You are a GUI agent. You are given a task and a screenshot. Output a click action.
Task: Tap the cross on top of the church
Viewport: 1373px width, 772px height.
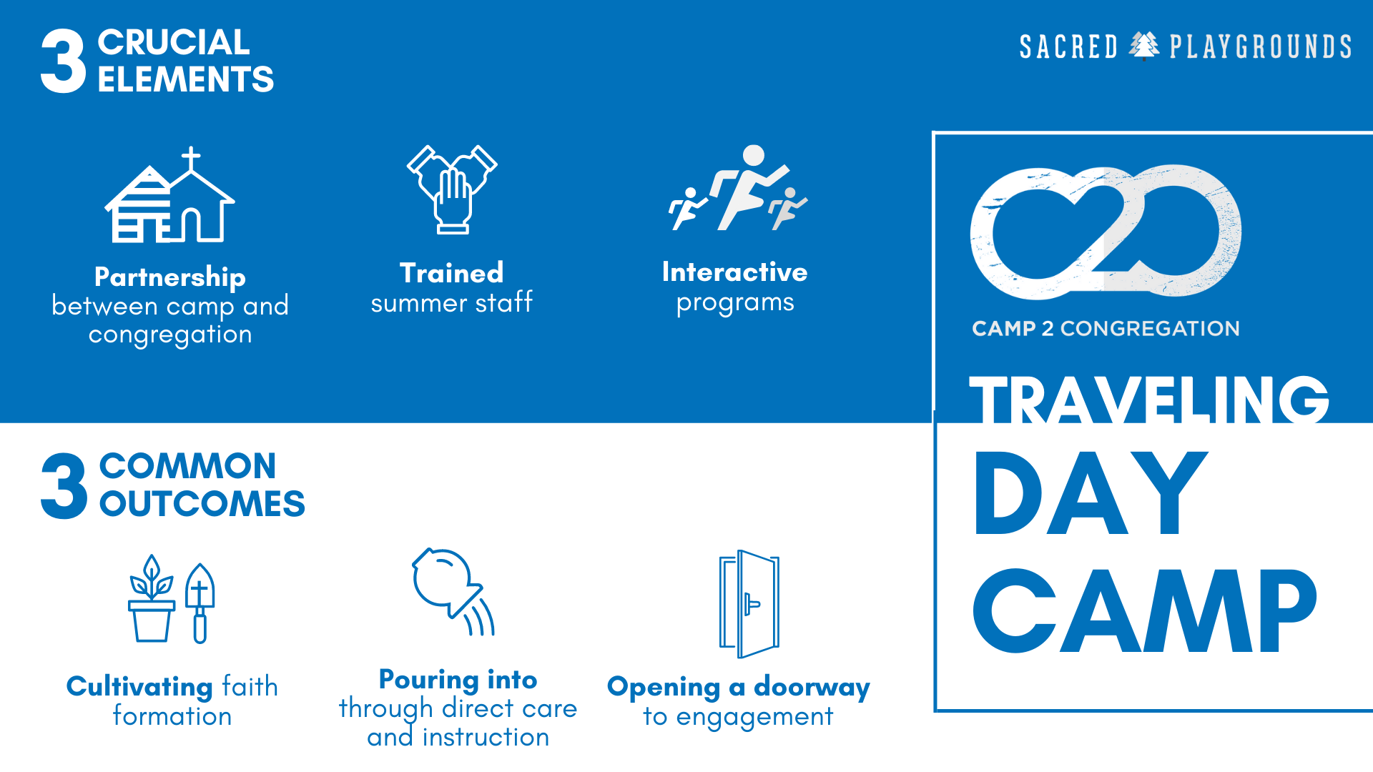coord(191,159)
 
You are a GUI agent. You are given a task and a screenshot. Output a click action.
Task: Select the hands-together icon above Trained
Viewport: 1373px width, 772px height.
coord(452,189)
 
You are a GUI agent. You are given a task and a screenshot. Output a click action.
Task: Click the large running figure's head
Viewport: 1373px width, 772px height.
coord(754,155)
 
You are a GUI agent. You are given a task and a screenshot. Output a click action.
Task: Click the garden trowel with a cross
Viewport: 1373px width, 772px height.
coord(200,603)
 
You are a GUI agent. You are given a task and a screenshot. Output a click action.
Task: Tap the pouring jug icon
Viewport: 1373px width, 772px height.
coord(453,591)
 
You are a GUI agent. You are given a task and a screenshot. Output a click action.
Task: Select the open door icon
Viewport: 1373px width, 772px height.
coord(749,604)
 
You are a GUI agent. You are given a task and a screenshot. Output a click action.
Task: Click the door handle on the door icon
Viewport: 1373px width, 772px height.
coord(751,604)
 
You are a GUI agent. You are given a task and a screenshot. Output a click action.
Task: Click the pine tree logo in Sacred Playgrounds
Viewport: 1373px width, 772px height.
coord(1144,46)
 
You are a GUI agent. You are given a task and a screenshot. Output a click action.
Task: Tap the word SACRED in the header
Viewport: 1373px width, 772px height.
coord(1068,47)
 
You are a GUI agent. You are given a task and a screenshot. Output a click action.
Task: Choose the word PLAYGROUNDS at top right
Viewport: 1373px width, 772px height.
coord(1261,47)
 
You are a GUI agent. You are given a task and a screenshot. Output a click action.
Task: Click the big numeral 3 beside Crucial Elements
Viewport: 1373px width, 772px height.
coord(63,61)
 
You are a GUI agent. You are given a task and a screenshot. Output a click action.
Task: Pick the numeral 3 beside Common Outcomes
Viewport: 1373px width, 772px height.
coord(64,486)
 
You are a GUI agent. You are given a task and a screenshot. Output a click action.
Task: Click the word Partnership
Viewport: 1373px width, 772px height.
coord(170,277)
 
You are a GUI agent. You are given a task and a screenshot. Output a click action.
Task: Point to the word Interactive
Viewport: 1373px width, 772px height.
coord(735,272)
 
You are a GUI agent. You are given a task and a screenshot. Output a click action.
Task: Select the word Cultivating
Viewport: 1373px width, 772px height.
coord(139,687)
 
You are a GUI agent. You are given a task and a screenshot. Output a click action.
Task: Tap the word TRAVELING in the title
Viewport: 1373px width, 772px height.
coord(1149,400)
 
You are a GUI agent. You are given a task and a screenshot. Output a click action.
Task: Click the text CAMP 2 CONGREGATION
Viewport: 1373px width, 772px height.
coord(1106,328)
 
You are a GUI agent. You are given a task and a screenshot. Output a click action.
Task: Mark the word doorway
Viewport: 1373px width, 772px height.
coord(812,688)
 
